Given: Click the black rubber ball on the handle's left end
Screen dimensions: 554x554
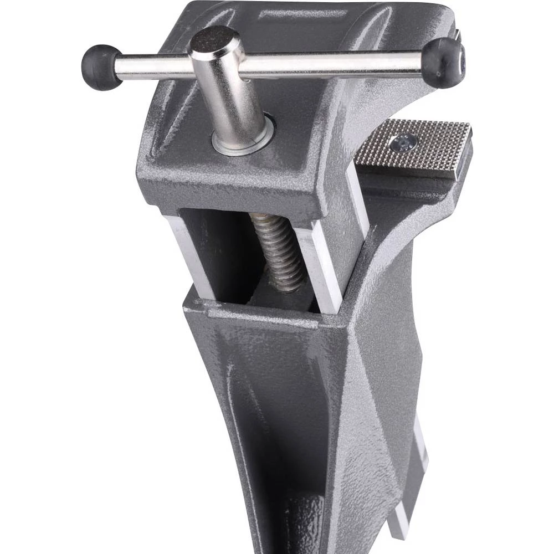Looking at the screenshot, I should (x=101, y=67).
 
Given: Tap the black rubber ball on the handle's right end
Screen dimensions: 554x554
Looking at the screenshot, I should (x=444, y=63).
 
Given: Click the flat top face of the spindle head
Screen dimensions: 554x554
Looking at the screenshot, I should (x=215, y=40).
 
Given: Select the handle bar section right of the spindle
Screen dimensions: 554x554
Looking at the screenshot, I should (x=332, y=65).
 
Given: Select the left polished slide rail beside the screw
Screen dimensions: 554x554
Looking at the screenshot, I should (x=191, y=255).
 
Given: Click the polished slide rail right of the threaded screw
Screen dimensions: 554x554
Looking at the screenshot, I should (x=321, y=266).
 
